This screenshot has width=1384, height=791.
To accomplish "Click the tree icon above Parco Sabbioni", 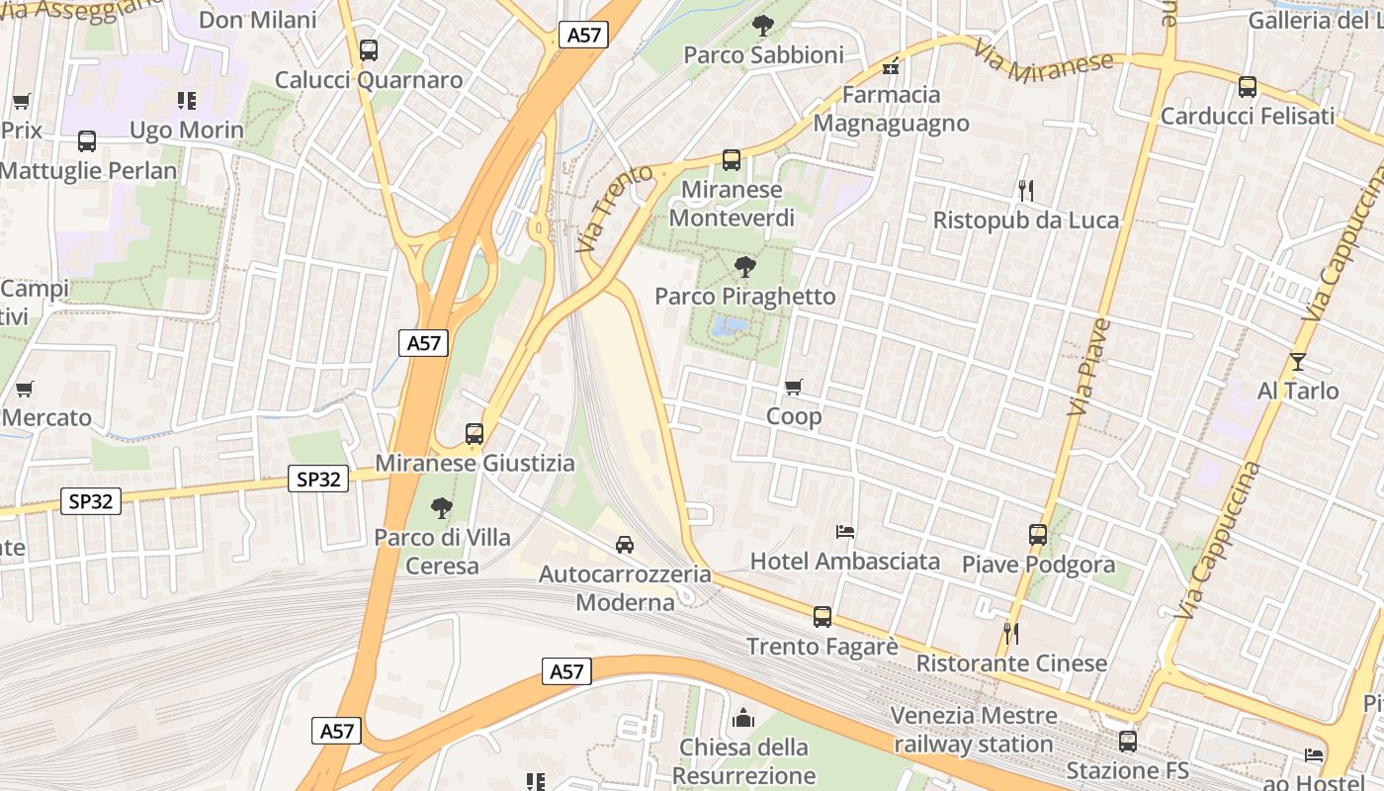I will pos(762,25).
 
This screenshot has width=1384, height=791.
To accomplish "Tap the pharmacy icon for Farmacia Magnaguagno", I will pos(891,67).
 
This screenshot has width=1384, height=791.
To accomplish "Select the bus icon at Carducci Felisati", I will pos(1248,87).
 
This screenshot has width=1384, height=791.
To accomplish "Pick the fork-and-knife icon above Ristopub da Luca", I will pos(1026,190).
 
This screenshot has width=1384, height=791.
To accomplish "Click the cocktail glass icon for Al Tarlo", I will pos(1297,362).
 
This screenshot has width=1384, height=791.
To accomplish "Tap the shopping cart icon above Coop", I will pos(793,387).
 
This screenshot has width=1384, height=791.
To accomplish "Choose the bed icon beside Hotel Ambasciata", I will pos(844,532).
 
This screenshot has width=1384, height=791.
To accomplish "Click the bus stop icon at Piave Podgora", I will pos(1038,535).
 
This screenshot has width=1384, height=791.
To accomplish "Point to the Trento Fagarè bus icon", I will pos(822,617).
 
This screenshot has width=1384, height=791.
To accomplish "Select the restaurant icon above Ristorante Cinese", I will pos(1010,633).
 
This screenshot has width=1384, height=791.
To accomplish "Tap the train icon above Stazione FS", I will pos(1127,741).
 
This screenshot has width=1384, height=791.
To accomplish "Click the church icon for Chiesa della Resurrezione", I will pos(742,718).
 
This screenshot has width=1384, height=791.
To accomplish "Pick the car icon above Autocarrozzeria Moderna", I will pos(625,544).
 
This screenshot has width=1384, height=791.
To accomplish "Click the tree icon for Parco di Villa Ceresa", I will pos(442,508).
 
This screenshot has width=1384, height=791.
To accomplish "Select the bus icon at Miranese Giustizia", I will pos(475,433).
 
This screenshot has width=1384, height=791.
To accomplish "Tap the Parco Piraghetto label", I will pos(745,297).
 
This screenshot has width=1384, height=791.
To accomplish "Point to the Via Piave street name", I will pos(1089,366).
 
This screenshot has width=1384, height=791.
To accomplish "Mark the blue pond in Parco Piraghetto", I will pos(733,325).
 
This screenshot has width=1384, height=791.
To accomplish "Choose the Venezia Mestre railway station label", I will pos(974,730).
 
